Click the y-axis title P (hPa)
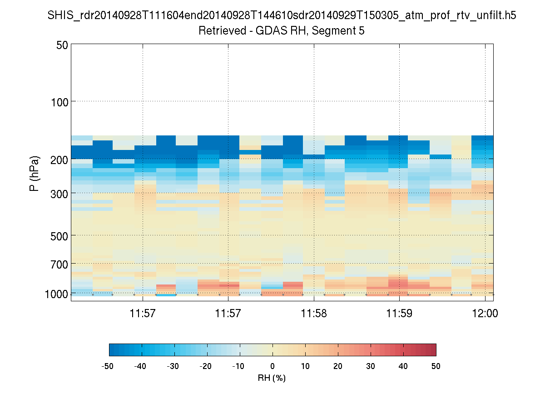35,173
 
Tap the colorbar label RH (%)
272,378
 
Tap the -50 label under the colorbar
108,366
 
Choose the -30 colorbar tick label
173,366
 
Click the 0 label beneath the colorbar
272,366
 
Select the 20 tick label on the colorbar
338,366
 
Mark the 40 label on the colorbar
403,366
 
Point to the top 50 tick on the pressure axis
62,45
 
